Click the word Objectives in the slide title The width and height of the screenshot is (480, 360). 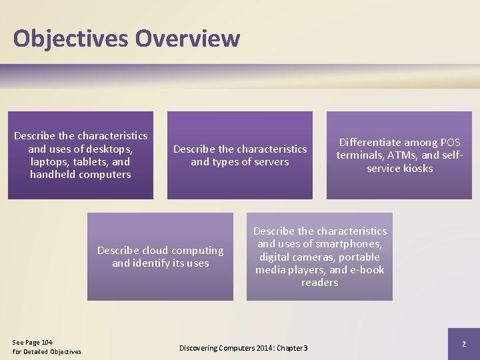[71, 38]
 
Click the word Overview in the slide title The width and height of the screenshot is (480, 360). [187, 38]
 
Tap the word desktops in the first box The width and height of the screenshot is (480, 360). [111, 149]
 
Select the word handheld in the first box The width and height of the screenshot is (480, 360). [51, 175]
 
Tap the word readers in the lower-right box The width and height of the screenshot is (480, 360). [319, 283]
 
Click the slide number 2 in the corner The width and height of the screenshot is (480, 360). [464, 343]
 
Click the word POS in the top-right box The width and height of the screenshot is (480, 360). [451, 143]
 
